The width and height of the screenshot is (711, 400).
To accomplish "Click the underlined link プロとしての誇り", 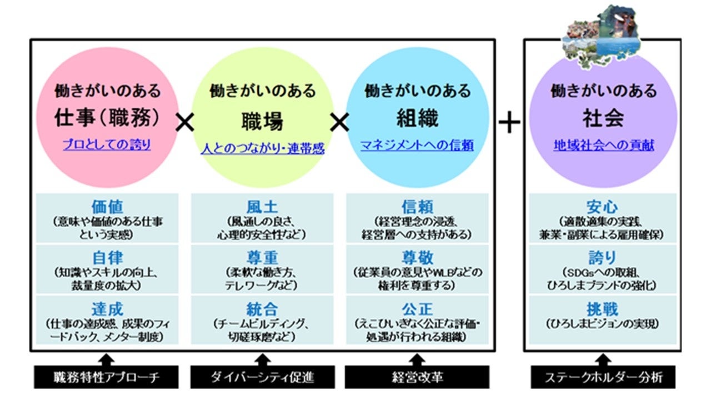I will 107,145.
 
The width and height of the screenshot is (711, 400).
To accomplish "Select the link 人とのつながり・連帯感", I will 262,149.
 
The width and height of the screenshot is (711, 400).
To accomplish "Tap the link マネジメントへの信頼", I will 417,145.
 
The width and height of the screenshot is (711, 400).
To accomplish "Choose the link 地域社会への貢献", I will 603,145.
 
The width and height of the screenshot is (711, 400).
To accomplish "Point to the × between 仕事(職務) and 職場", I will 184,122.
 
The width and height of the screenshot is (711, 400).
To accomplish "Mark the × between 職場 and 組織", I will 339,122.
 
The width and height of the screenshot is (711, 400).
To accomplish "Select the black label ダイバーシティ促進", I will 262,378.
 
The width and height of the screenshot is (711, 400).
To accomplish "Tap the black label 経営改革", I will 417,378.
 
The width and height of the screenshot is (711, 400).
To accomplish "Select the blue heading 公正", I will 417,309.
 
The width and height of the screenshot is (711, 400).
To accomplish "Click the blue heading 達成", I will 107,309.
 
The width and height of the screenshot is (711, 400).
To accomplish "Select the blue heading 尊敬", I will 417,258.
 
